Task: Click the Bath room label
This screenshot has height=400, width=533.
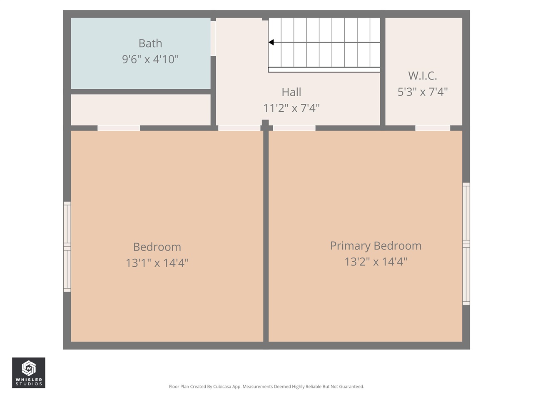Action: tap(150, 43)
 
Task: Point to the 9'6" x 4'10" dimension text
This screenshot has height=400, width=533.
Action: tap(150, 59)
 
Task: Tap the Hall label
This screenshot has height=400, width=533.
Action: tap(291, 92)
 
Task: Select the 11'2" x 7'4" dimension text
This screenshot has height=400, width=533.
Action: tap(291, 108)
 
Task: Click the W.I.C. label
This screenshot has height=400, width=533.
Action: tap(422, 76)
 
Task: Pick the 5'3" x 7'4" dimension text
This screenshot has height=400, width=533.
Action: tap(422, 92)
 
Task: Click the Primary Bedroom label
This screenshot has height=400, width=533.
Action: tap(376, 246)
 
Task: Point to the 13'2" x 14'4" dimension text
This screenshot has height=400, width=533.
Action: tap(376, 262)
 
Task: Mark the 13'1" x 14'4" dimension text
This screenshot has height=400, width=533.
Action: tap(157, 263)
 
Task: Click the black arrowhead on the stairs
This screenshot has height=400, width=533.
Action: tap(271, 42)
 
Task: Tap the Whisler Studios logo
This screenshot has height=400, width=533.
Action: tap(28, 373)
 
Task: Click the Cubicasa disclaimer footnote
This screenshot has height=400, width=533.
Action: tap(266, 387)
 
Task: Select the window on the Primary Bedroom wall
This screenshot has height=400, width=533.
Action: tap(466, 244)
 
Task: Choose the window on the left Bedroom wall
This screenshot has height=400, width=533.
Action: tap(67, 247)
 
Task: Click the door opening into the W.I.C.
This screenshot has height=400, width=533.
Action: tap(433, 128)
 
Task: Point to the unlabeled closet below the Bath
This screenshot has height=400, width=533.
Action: tap(140, 110)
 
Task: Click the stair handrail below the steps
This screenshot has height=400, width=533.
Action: tap(324, 70)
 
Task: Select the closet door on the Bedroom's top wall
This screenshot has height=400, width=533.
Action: tap(119, 128)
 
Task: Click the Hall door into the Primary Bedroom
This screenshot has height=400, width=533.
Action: tap(294, 128)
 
